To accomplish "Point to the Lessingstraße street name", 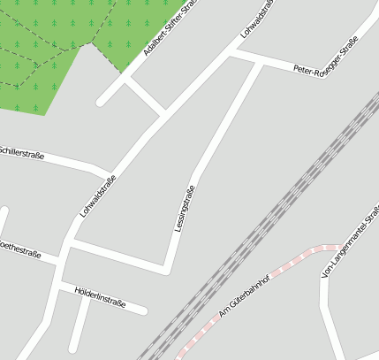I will [x=185, y=209].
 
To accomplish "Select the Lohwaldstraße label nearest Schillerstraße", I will [x=97, y=196].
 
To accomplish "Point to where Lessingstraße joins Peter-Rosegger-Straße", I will [x=262, y=63].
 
